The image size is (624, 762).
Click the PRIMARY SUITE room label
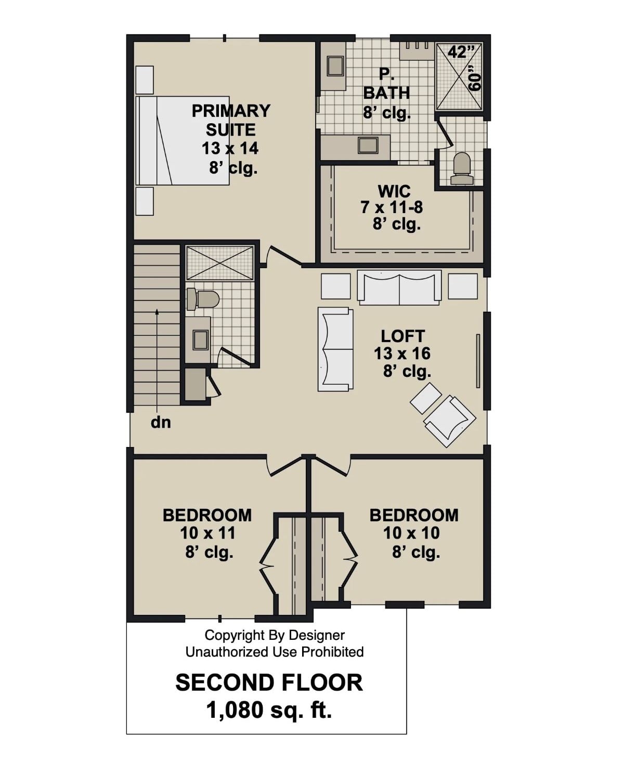click(231, 120)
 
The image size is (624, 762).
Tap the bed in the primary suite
click(182, 140)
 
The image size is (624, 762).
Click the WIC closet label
click(394, 191)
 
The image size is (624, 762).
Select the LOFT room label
click(402, 336)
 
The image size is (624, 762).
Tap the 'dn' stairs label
click(161, 423)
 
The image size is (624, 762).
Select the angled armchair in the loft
click(450, 421)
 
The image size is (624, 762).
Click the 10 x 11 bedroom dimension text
click(208, 533)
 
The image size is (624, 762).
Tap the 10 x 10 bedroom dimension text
click(411, 533)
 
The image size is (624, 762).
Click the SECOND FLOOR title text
click(269, 682)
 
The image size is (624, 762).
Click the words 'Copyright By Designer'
click(275, 635)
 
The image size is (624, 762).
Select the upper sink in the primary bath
click(333, 66)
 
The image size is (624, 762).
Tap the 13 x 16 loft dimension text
click(402, 353)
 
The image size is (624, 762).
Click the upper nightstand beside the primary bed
click(145, 80)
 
